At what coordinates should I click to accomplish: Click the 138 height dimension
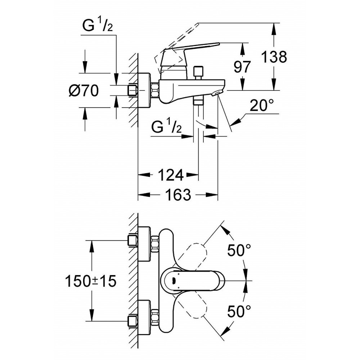tap(274, 57)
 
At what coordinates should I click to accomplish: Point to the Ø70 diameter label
tap(84, 91)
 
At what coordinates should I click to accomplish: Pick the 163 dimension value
tap(178, 195)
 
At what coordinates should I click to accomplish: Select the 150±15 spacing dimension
tap(91, 281)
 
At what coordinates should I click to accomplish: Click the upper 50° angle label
tap(238, 250)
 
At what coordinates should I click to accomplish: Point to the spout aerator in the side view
tap(217, 94)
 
